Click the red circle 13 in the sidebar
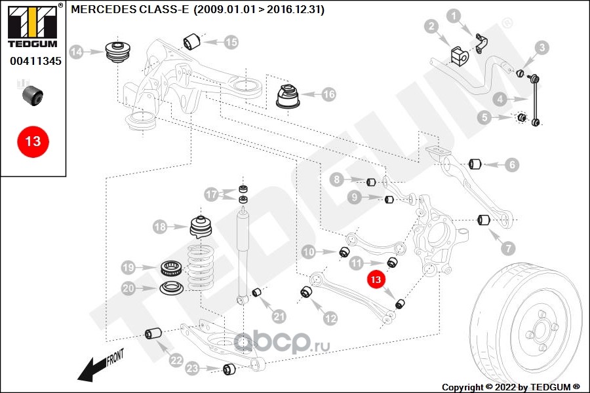pyautogui.click(x=33, y=140)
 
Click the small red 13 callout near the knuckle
pyautogui.click(x=375, y=280)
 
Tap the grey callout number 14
pyautogui.click(x=77, y=52)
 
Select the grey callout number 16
pyautogui.click(x=328, y=95)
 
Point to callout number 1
pyautogui.click(x=454, y=15)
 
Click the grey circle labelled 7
pyautogui.click(x=509, y=248)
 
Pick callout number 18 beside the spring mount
pyautogui.click(x=161, y=227)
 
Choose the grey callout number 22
pyautogui.click(x=175, y=360)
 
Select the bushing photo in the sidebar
pyautogui.click(x=32, y=95)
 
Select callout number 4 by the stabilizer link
pyautogui.click(x=500, y=100)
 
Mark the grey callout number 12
pyautogui.click(x=330, y=318)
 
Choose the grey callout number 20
pyautogui.click(x=129, y=288)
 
